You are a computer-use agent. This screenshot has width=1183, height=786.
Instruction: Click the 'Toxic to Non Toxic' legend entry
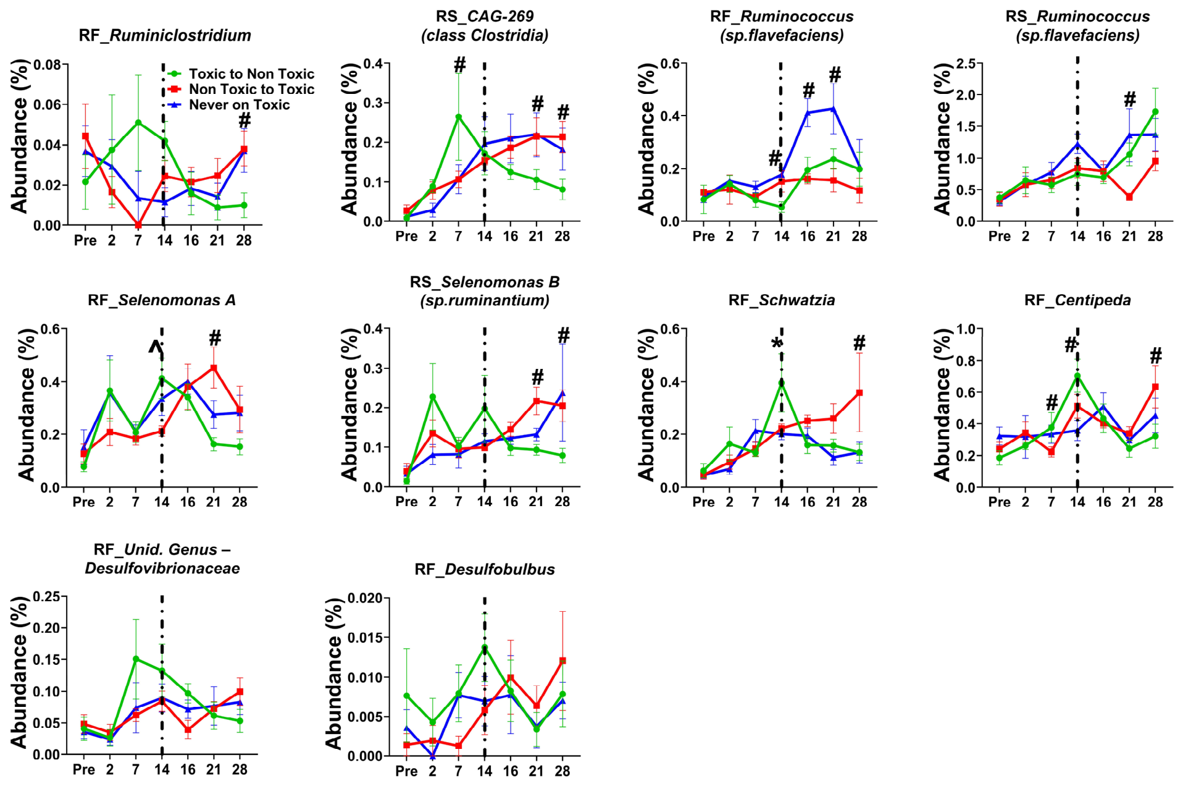(241, 74)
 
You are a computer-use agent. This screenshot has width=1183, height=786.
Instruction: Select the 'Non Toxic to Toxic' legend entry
(241, 90)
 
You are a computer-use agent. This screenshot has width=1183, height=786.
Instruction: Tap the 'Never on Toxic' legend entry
(229, 105)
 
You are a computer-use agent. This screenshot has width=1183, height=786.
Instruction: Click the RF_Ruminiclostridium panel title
(165, 36)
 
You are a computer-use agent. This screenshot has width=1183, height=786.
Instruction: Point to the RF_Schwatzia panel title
(782, 300)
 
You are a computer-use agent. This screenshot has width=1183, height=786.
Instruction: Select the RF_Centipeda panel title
(1077, 300)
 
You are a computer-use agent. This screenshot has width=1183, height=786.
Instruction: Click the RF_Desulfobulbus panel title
(485, 569)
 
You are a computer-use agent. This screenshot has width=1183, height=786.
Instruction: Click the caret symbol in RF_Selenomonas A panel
(156, 348)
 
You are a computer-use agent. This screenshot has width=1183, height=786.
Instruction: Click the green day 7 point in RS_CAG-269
(459, 116)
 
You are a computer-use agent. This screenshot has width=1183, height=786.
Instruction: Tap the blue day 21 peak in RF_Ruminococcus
(834, 109)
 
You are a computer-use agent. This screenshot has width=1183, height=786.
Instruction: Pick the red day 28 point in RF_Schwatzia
(859, 393)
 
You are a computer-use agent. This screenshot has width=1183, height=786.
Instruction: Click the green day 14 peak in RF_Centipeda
(1077, 376)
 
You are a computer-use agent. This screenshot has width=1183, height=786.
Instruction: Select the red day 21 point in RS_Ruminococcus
(1129, 197)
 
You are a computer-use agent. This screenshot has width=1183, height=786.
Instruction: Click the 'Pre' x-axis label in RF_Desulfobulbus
(406, 771)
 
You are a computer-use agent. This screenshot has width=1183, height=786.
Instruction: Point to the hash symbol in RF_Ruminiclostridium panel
(245, 120)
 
